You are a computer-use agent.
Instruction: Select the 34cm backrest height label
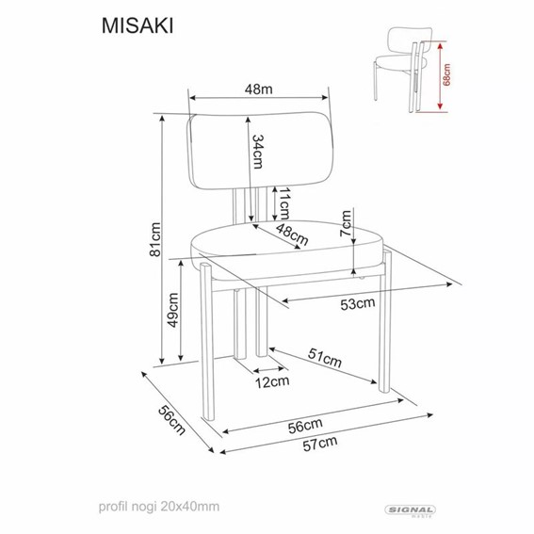(x=257, y=151)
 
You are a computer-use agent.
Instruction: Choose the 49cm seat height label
(x=173, y=312)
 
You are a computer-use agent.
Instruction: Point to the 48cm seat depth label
(x=291, y=233)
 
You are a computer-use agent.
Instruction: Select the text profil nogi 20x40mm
(x=156, y=506)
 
